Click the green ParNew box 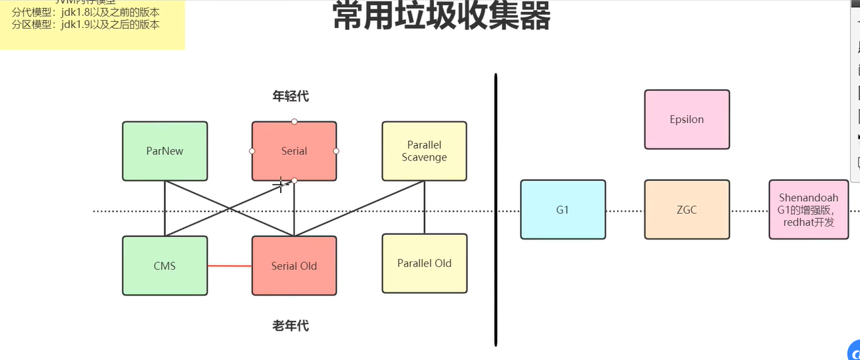pos(164,151)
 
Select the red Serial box pos(294,151)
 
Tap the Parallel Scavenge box pos(424,151)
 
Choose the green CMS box pos(164,266)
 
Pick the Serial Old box pos(294,266)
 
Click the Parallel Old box pos(424,264)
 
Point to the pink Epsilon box pos(686,120)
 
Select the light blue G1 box pos(562,210)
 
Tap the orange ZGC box pos(686,210)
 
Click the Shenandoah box pos(808,210)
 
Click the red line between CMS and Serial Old pos(230,266)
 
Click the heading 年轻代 pos(290,96)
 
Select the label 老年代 pos(290,326)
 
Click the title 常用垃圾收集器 pos(441,17)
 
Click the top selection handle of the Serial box pos(294,121)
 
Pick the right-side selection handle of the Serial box pos(336,151)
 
